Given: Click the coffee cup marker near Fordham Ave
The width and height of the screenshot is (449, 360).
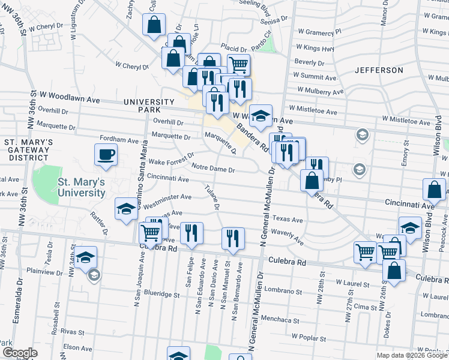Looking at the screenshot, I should [x=106, y=155].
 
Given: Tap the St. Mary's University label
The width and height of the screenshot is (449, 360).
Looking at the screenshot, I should [x=82, y=188].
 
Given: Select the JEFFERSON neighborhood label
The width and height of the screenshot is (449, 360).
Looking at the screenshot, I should [x=379, y=70].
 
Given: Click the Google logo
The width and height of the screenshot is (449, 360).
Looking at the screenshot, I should [x=19, y=353].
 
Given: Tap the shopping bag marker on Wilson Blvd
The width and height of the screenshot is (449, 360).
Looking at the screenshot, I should [x=433, y=190].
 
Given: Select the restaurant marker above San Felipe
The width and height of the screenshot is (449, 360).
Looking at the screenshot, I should [x=192, y=233].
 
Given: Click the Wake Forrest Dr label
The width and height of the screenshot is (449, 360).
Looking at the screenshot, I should [x=172, y=162].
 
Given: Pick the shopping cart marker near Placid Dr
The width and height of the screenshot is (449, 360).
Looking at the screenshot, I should [x=238, y=64].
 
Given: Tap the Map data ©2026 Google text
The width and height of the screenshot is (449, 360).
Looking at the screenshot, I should [x=411, y=355].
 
